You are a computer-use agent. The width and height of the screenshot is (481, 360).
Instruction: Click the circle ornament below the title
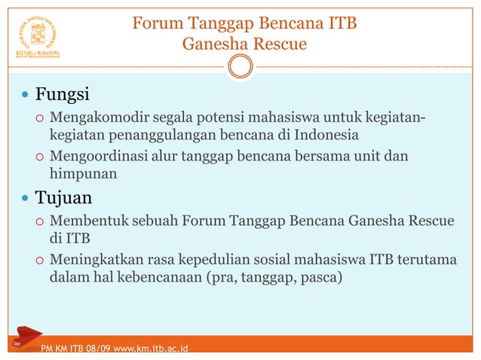pyautogui.click(x=240, y=68)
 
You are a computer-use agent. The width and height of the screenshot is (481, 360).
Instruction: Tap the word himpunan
pyautogui.click(x=83, y=174)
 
